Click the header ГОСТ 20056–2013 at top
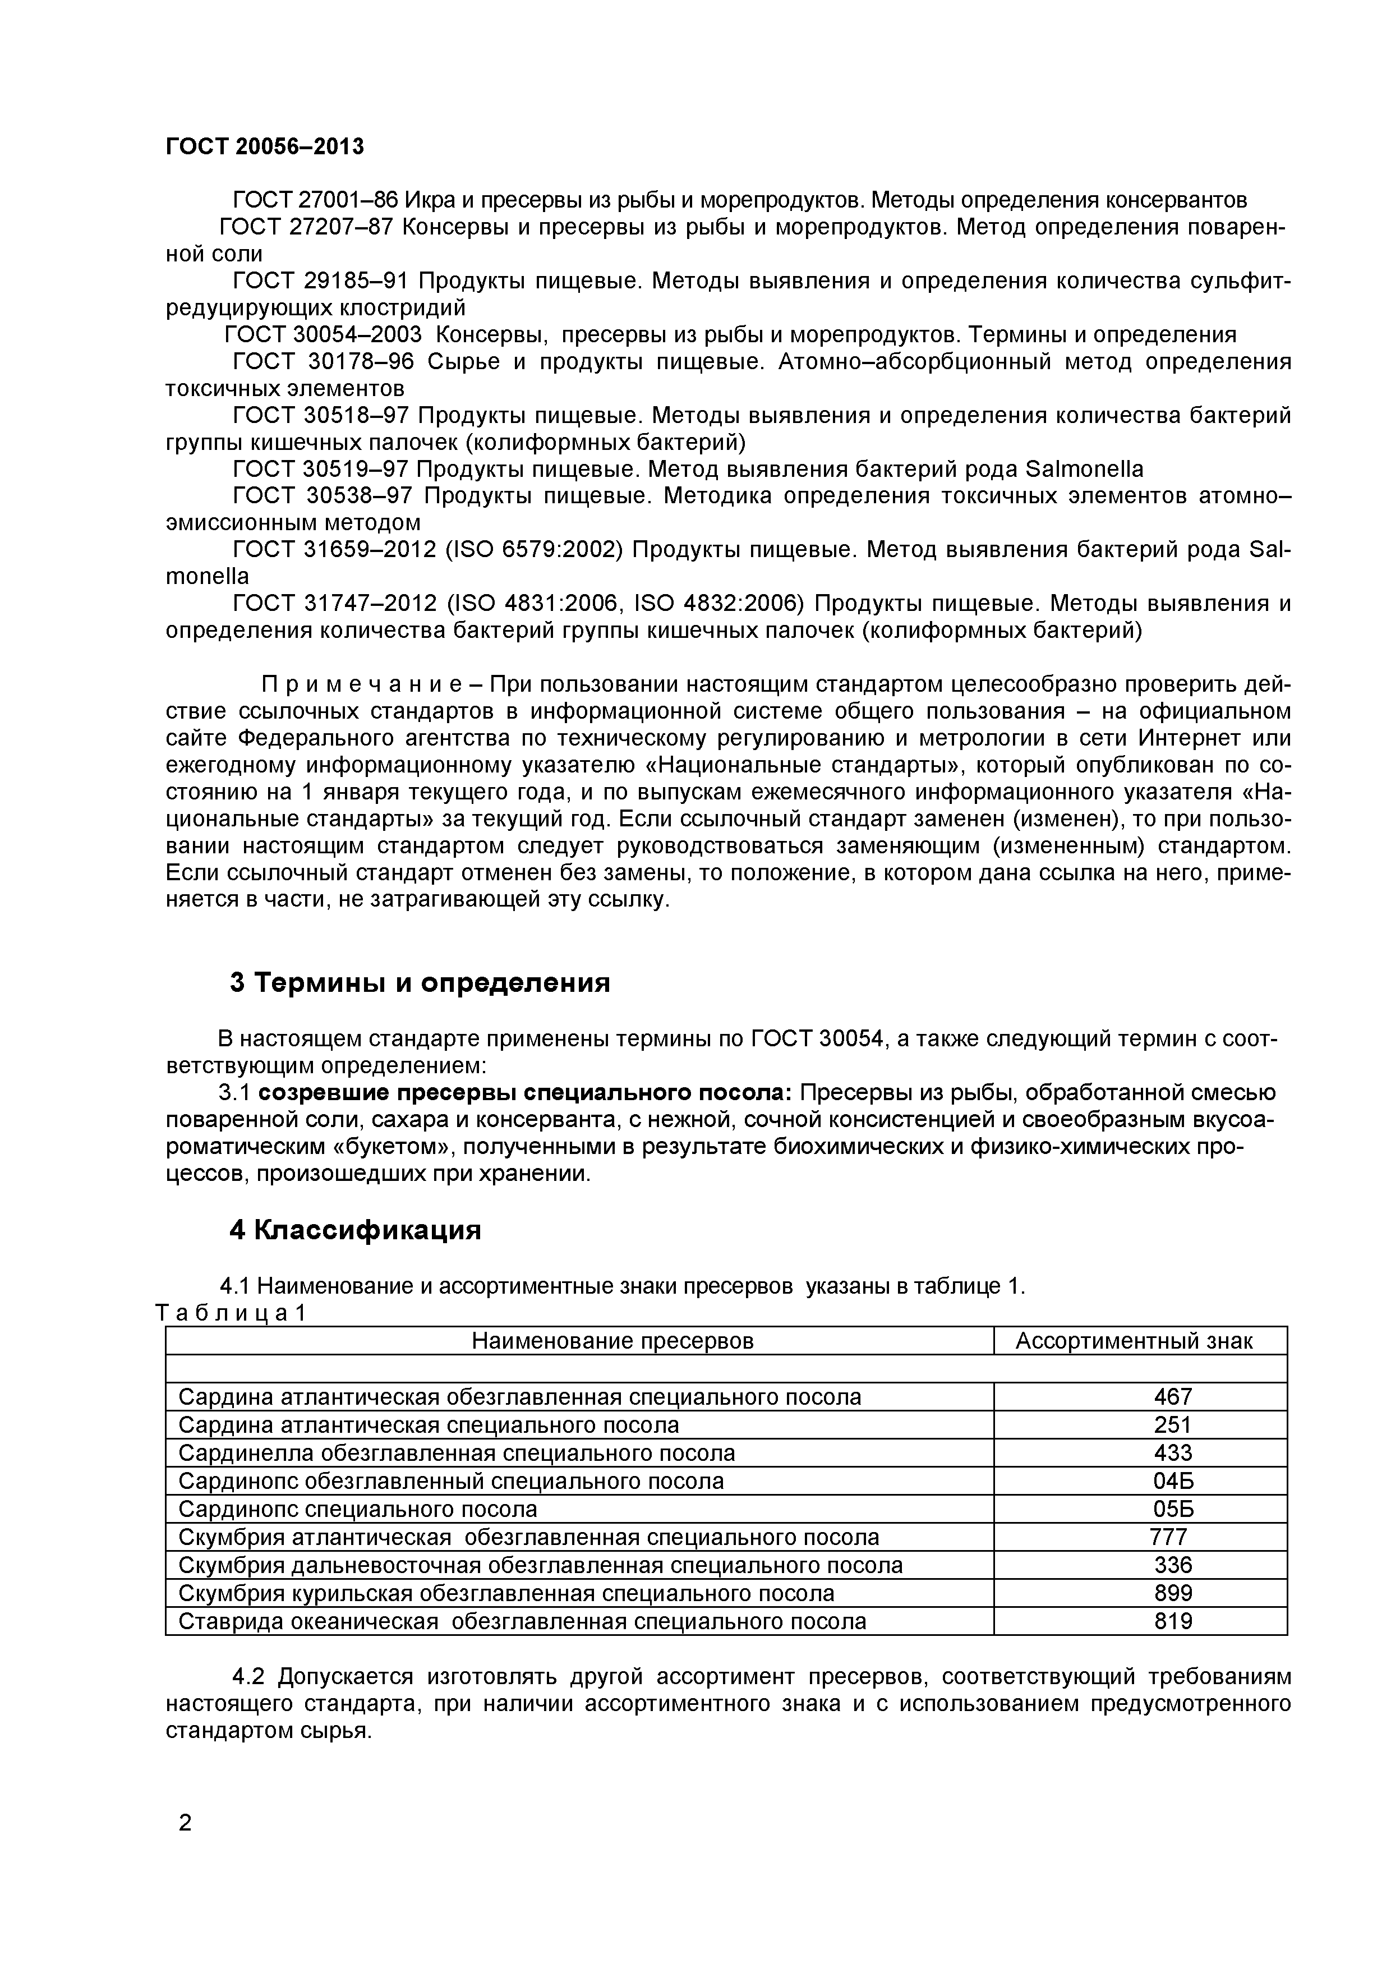click(264, 146)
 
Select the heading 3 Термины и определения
click(420, 982)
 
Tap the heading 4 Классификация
click(355, 1230)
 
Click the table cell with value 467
click(1172, 1397)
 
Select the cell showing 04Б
click(1172, 1481)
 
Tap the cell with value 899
click(1172, 1593)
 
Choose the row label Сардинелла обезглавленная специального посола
click(456, 1453)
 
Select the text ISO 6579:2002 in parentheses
click(533, 549)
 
